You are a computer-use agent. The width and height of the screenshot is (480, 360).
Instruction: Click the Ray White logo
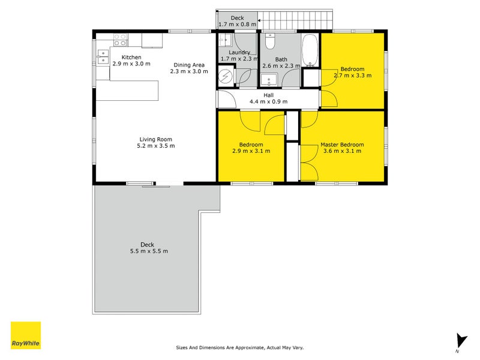tap(26, 335)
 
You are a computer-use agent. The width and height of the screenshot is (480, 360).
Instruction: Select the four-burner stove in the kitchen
tap(120, 40)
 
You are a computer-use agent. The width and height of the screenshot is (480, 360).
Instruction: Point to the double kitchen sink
tap(101, 56)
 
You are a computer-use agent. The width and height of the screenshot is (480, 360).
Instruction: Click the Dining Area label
tap(189, 65)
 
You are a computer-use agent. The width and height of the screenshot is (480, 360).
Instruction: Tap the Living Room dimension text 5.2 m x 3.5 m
tap(155, 146)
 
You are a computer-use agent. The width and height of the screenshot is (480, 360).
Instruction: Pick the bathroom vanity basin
tap(268, 79)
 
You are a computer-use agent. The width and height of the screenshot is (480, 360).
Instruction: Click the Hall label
tap(269, 95)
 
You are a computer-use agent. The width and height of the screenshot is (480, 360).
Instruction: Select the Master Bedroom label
tap(342, 145)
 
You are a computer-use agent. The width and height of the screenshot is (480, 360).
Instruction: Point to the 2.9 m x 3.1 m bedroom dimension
tap(251, 151)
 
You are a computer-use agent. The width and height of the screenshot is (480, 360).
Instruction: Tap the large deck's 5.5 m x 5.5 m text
tap(148, 251)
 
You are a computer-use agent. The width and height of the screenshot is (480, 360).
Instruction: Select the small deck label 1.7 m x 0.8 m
tap(236, 25)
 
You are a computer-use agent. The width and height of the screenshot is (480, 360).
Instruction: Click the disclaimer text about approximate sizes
tap(239, 347)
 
